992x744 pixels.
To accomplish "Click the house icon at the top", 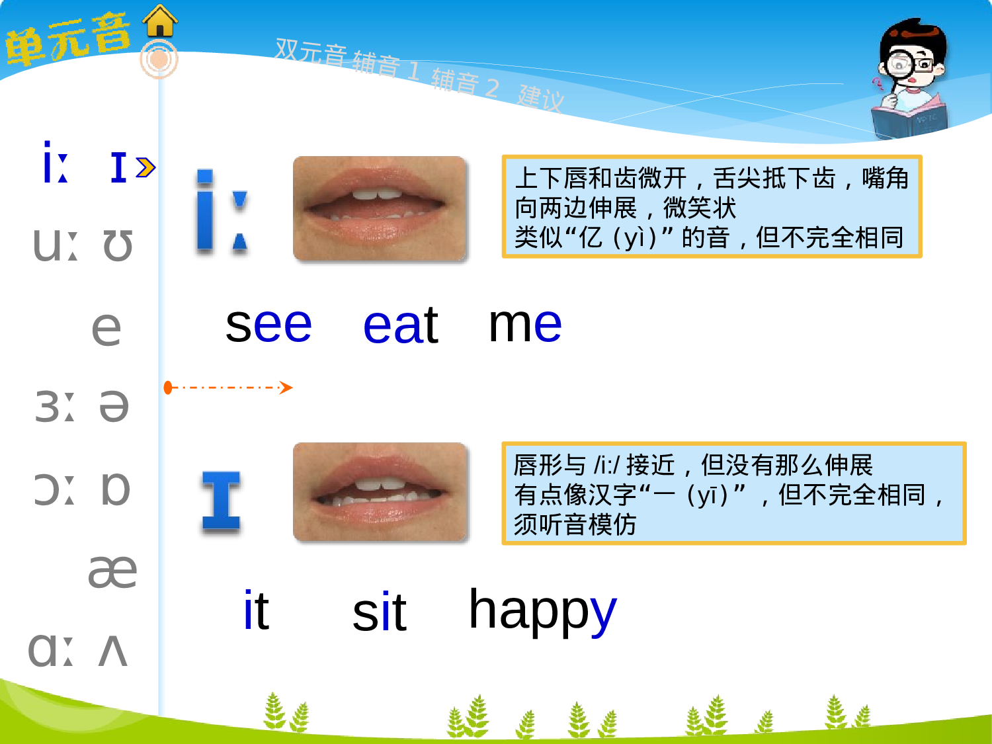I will (160, 21).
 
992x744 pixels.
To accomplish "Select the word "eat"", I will (401, 325).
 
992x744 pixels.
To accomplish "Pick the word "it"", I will (256, 610).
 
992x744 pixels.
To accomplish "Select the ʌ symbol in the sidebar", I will (112, 651).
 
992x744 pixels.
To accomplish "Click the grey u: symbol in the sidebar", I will (55, 245).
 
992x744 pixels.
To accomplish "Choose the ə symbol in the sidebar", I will (114, 406).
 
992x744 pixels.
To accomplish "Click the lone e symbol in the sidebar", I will (106, 328).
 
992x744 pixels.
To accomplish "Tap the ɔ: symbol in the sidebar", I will (55, 489).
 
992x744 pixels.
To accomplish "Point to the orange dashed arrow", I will (228, 388).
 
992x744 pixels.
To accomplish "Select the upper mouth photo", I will (380, 208).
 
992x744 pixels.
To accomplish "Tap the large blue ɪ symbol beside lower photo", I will (221, 501).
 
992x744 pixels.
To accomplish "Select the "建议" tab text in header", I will (541, 97).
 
